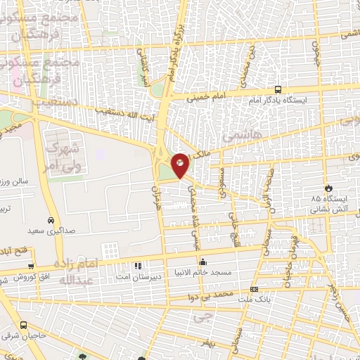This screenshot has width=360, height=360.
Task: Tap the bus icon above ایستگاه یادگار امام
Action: pyautogui.click(x=278, y=90)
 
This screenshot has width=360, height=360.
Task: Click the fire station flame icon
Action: pyautogui.click(x=328, y=188)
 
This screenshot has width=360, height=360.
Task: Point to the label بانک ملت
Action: pyautogui.click(x=253, y=300)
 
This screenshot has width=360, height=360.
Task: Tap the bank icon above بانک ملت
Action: pyautogui.click(x=253, y=289)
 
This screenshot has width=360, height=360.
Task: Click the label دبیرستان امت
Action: pyautogui.click(x=138, y=277)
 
